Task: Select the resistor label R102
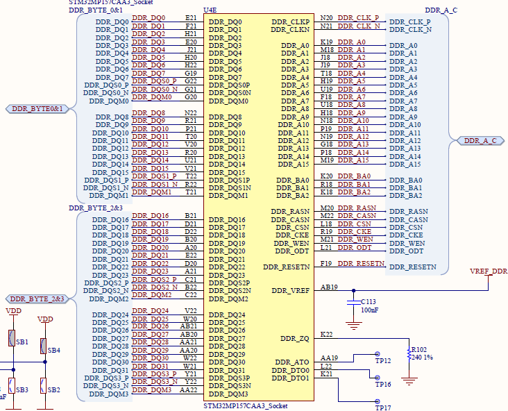419,350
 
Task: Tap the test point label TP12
384,361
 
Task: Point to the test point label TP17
384,408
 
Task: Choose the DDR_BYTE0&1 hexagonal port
37,109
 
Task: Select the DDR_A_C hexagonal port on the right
480,141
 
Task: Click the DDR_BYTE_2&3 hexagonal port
37,299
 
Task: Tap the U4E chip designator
210,10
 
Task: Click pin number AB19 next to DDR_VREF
330,287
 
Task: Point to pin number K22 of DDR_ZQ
326,335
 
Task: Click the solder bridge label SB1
22,342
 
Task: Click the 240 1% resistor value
423,358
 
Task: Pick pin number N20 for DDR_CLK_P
326,18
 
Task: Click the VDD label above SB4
45,319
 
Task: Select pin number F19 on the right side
326,264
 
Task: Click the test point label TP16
384,384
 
